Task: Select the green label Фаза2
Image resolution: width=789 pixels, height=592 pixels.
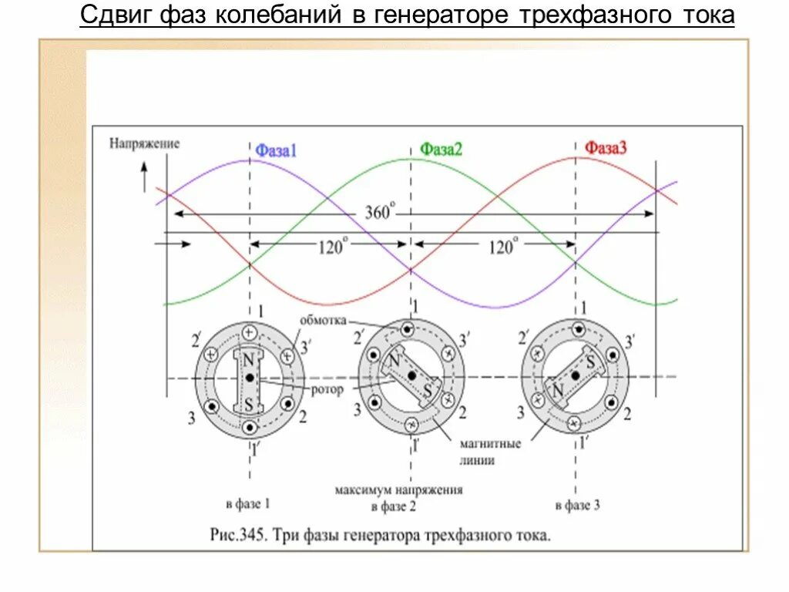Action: [441, 150]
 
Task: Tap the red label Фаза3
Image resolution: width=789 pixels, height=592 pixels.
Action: [606, 148]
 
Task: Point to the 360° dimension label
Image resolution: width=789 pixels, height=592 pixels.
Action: [379, 212]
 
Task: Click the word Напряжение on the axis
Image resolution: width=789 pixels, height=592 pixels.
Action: [144, 143]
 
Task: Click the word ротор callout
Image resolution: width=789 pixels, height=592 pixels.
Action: [327, 390]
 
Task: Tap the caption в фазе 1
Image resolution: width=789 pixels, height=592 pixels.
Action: [248, 504]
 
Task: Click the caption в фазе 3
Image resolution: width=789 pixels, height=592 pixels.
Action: [577, 506]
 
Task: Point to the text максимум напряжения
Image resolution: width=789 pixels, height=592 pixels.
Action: [398, 490]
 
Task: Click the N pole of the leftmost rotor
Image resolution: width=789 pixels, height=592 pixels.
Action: [248, 360]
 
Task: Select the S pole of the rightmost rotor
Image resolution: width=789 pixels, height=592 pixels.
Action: [590, 360]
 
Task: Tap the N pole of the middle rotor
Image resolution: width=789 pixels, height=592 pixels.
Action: [394, 361]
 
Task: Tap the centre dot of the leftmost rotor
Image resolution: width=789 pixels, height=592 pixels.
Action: [249, 378]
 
